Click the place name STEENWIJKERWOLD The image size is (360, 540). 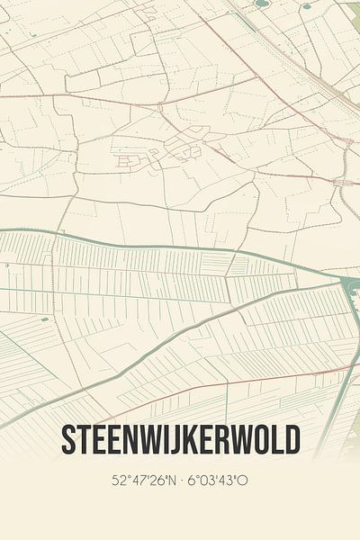point(180,440)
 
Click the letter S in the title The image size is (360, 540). point(68,440)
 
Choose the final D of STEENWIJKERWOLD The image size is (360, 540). point(292,440)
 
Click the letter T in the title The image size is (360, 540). point(85,440)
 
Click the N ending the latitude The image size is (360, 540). point(172,481)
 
